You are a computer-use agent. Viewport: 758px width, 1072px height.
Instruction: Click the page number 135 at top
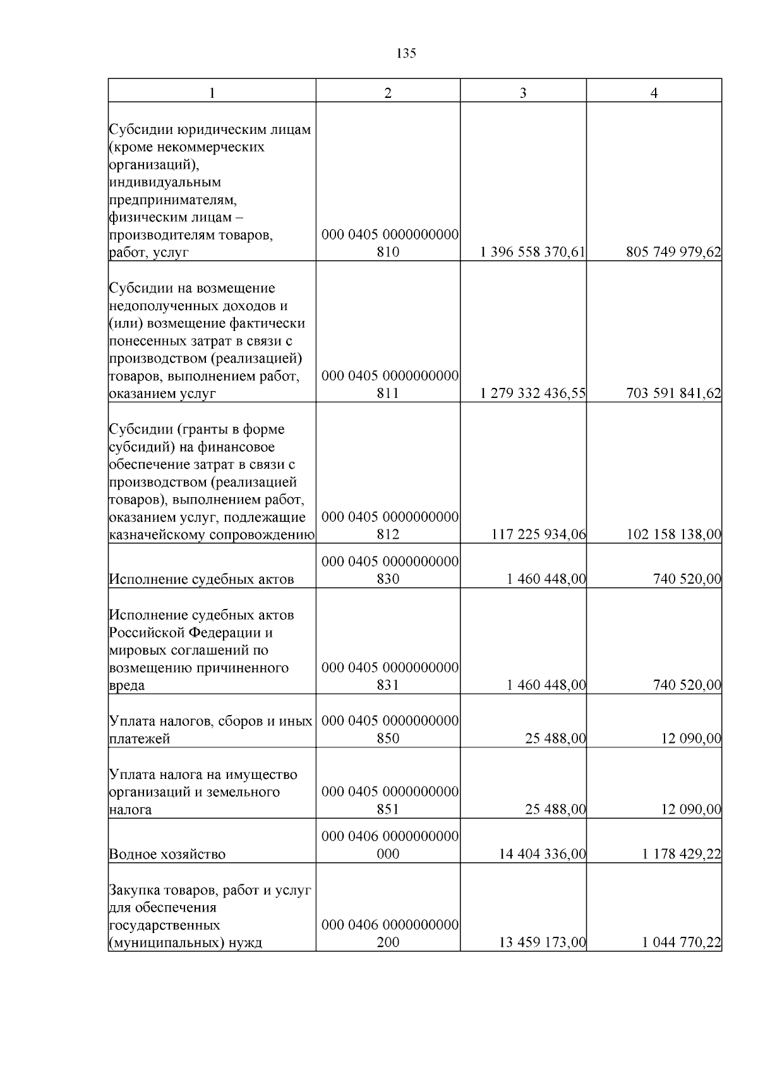[x=406, y=54]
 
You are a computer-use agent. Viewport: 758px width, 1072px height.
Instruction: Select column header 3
[x=523, y=93]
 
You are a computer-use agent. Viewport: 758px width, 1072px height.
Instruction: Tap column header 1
[x=212, y=93]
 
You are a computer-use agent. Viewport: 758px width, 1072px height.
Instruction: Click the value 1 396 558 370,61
[x=532, y=253]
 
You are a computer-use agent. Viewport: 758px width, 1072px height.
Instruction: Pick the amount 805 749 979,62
[x=673, y=253]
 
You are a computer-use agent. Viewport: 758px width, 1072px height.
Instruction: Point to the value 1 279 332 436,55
[x=532, y=394]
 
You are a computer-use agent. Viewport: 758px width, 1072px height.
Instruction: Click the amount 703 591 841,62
[x=673, y=394]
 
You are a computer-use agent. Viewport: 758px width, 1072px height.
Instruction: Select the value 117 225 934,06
[x=538, y=535]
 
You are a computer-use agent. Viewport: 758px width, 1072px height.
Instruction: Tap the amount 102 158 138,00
[x=673, y=535]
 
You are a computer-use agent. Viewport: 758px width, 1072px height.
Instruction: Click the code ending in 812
[x=389, y=526]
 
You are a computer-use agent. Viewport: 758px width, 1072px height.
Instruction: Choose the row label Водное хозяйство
[x=167, y=855]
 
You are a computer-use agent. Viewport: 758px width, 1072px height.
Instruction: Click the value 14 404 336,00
[x=542, y=855]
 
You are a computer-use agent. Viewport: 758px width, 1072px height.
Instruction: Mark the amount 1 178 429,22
[x=681, y=855]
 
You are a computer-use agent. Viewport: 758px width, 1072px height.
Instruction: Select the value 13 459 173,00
[x=542, y=943]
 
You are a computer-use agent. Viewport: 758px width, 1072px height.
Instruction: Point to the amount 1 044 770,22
[x=681, y=943]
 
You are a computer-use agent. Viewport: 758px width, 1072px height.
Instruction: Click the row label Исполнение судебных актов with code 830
[x=202, y=579]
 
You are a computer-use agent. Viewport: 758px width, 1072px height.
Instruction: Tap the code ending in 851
[x=389, y=801]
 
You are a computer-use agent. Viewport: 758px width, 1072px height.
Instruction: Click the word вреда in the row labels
[x=127, y=685]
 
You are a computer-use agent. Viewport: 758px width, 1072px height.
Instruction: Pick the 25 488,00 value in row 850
[x=555, y=738]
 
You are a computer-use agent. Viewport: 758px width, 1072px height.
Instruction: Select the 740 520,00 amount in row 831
[x=687, y=685]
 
